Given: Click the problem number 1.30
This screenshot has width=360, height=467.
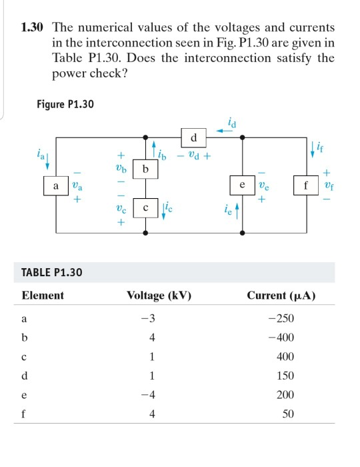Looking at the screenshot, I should (33, 27).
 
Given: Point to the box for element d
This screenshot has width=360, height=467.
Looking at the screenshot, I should (193, 138).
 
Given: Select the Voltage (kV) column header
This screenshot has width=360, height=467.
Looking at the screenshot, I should (159, 295).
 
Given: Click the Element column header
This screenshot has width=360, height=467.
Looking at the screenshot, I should (43, 295).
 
